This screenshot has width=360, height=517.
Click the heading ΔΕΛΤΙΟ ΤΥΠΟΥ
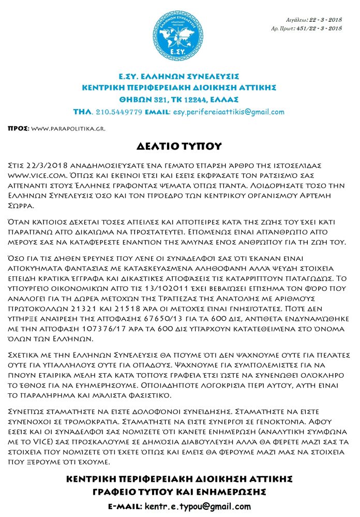pyautogui.click(x=180, y=146)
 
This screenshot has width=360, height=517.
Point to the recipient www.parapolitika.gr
pyautogui.click(x=68, y=128)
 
